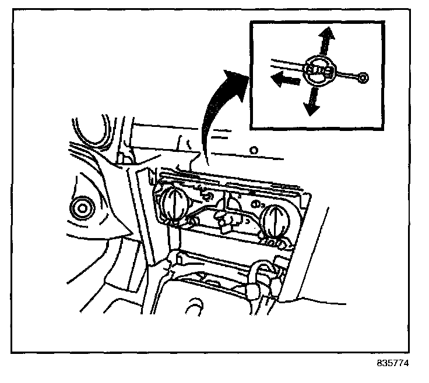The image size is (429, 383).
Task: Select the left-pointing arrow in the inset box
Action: [x=283, y=80]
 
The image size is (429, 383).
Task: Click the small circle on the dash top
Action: [x=253, y=151]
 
